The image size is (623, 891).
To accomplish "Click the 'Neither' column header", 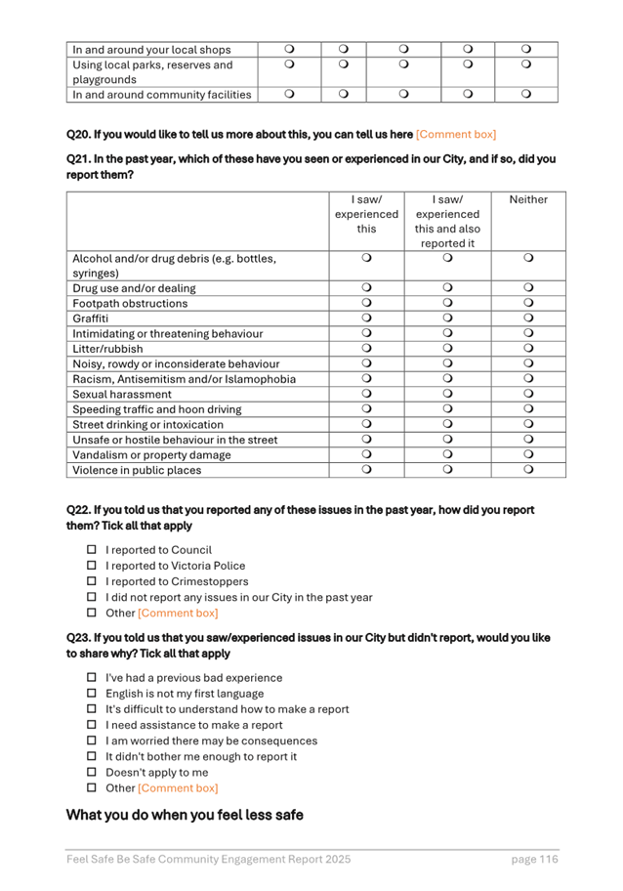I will (x=528, y=199).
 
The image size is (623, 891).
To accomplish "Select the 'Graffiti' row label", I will (x=90, y=318).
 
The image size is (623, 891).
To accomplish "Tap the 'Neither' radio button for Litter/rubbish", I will (x=528, y=349).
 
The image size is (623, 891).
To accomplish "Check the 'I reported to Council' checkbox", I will (x=92, y=550).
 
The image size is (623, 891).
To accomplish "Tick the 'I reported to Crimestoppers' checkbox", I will (x=92, y=581).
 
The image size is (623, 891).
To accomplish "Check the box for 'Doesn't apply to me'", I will (x=92, y=772).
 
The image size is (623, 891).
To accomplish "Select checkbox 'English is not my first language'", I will (x=92, y=694).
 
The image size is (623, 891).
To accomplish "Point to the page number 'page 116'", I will (x=534, y=859).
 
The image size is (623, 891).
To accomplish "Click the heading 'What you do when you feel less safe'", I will (x=184, y=815).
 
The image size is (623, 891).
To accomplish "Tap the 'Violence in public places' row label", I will (x=137, y=470).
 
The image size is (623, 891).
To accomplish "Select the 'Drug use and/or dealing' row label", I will (x=134, y=288).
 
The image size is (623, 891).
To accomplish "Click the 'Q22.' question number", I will (x=78, y=510).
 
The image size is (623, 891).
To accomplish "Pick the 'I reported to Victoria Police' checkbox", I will (x=92, y=566).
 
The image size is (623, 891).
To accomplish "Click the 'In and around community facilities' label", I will (x=161, y=95).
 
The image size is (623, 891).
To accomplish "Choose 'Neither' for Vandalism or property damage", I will (x=528, y=454).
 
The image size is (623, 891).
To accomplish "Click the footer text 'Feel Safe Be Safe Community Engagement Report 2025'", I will (x=208, y=859).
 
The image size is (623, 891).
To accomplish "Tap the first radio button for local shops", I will (x=289, y=49).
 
